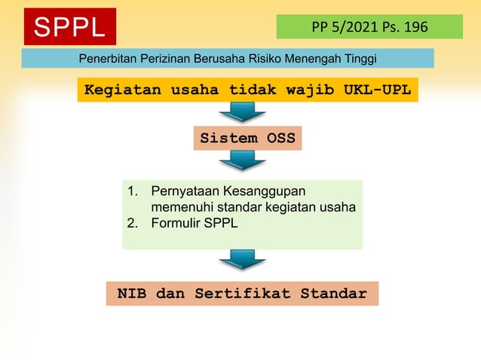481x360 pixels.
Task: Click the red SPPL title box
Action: [x=69, y=27]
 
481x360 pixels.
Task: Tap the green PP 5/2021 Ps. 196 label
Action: [x=369, y=27]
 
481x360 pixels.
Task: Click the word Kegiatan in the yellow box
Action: [x=116, y=90]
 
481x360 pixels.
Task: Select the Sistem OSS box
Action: [x=247, y=139]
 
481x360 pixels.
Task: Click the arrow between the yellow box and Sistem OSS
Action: [x=242, y=112]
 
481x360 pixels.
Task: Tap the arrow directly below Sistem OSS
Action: [x=242, y=160]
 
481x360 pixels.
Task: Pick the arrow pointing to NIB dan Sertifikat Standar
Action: [x=242, y=260]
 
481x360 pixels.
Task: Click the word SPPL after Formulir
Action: [x=221, y=223]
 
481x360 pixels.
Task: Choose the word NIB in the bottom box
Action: [x=132, y=294]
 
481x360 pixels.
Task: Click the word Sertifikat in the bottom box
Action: [x=243, y=294]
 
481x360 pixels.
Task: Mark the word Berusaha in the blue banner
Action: [x=226, y=59]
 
